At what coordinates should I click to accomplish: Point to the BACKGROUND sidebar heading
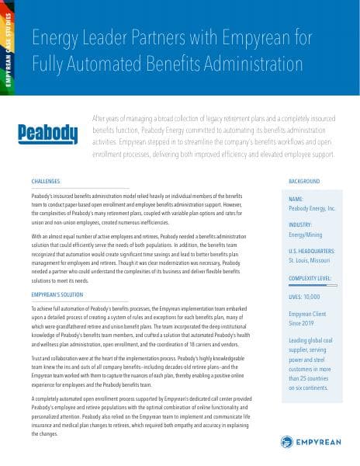point(304,180)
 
